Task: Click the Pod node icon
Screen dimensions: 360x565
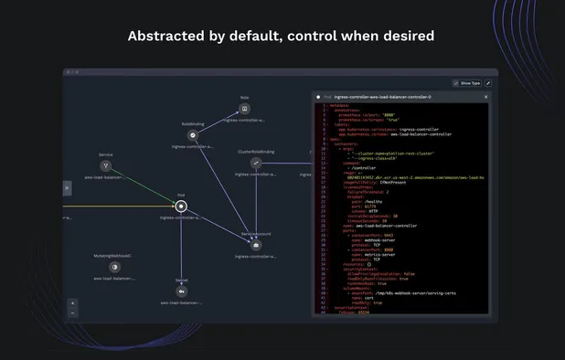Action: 181,206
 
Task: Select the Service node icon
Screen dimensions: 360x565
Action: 105,166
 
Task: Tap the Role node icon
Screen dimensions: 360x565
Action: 244,108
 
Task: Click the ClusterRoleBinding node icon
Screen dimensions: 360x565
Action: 257,163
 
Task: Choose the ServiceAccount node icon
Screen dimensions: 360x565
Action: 256,245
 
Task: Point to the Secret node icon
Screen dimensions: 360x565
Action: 181,291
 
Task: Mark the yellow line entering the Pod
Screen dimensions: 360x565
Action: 119,206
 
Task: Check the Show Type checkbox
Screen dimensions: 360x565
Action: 456,82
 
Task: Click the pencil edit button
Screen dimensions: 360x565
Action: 488,82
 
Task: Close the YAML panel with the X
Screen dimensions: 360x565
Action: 486,96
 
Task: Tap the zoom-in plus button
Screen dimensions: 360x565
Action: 73,302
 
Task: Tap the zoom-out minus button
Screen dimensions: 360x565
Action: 73,312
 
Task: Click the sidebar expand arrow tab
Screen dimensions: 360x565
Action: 67,187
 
